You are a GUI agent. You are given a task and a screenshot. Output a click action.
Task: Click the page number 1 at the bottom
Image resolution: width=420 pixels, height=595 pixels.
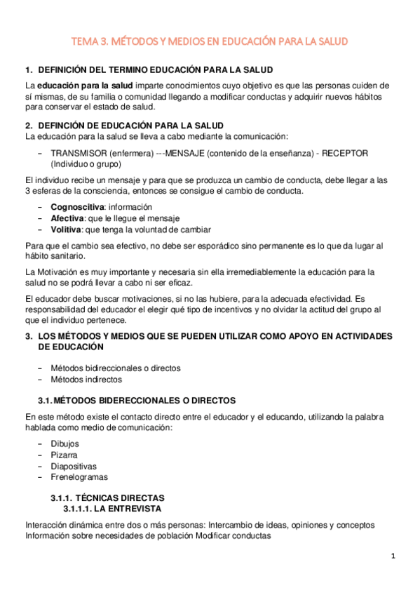coord(393,556)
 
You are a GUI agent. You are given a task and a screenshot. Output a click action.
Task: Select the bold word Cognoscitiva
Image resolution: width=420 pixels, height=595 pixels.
coord(77,207)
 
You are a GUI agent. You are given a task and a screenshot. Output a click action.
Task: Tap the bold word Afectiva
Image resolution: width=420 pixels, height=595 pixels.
coord(67,218)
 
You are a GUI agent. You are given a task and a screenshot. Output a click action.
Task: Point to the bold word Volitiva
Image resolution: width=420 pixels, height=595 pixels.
coord(66,229)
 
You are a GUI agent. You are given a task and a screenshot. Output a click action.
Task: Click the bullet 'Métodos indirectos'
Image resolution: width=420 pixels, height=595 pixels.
coord(86,379)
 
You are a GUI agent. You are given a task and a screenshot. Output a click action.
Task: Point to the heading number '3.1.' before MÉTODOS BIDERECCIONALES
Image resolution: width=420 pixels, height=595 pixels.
coord(44,400)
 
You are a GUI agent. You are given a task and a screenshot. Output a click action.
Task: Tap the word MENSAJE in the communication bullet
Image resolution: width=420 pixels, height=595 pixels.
coord(189,153)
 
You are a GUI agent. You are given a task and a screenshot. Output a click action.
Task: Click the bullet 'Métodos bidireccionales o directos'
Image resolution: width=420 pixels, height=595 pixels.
coord(116,368)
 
